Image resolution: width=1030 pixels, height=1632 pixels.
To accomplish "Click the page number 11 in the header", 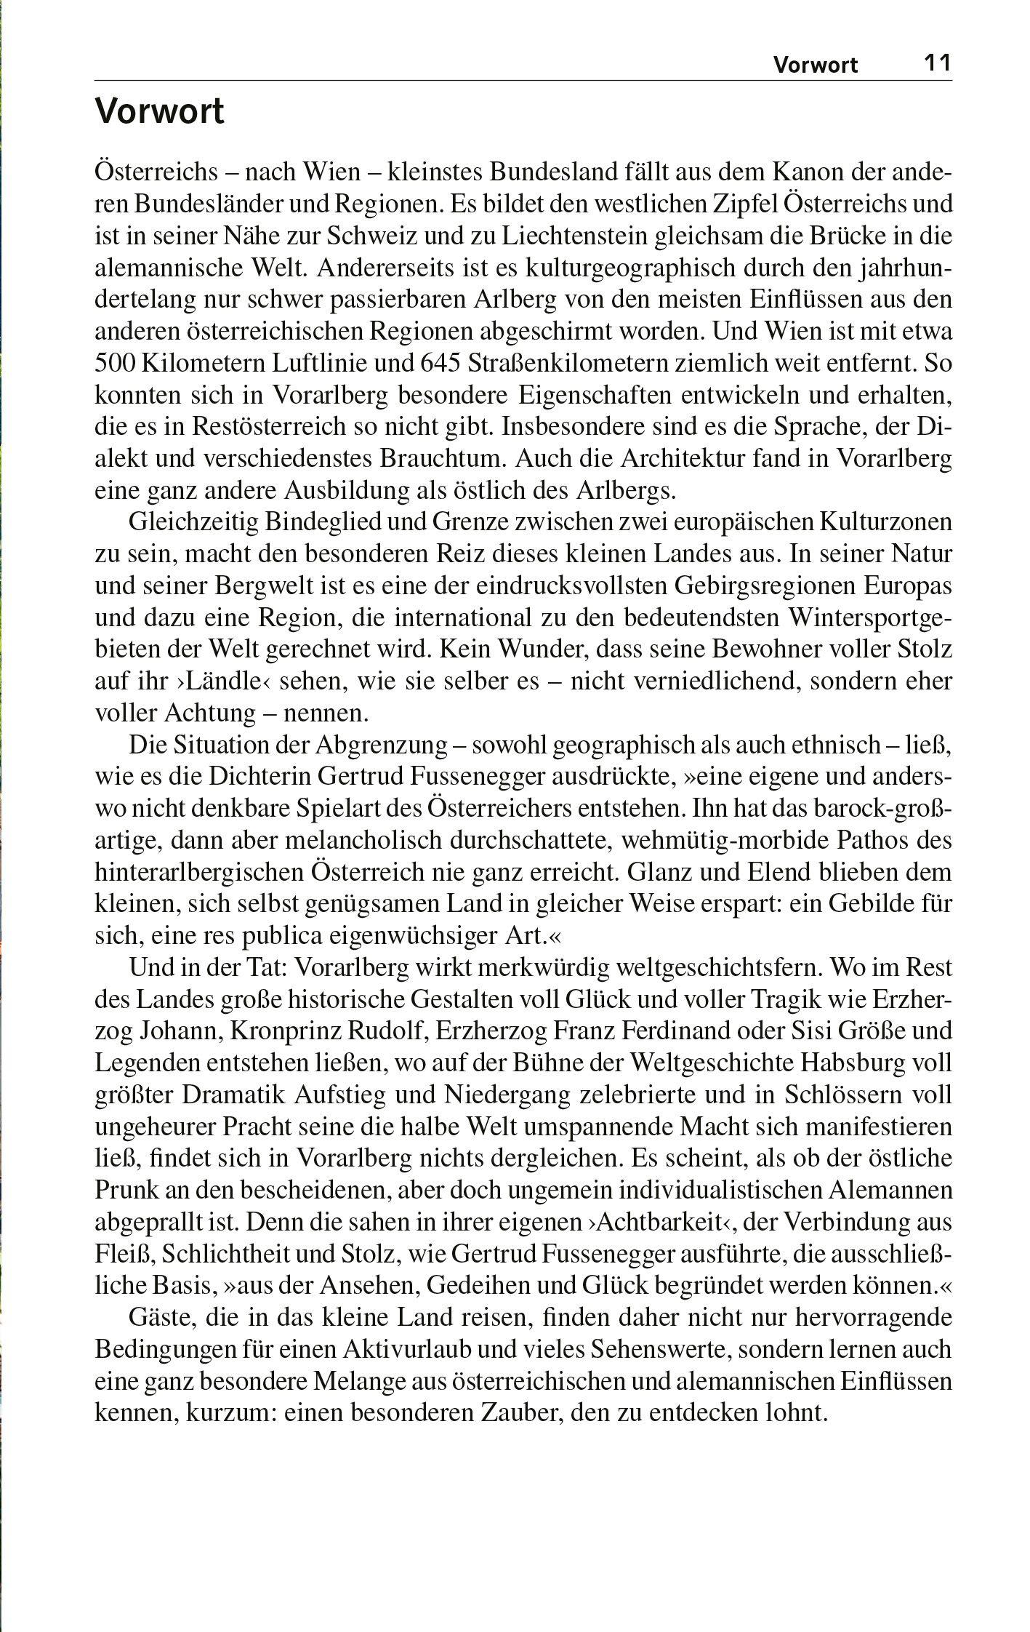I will (937, 63).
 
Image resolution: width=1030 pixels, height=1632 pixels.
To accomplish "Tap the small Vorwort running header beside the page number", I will (815, 65).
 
